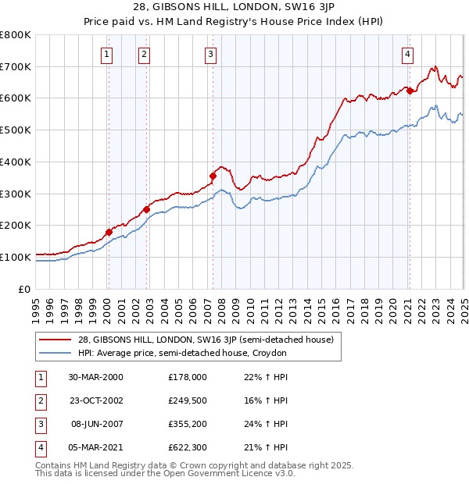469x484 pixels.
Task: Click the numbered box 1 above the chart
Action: tap(106, 54)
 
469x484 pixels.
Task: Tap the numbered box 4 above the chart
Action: tap(408, 54)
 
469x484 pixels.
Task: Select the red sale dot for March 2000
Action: tap(109, 232)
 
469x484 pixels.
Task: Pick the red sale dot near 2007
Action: tap(212, 176)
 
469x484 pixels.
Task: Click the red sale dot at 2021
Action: tap(409, 91)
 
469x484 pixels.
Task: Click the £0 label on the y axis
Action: tap(26, 289)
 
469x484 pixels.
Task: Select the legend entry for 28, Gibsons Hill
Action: tap(206, 340)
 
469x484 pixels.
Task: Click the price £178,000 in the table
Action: tap(188, 377)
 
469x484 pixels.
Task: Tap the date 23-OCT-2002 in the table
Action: tap(95, 400)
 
